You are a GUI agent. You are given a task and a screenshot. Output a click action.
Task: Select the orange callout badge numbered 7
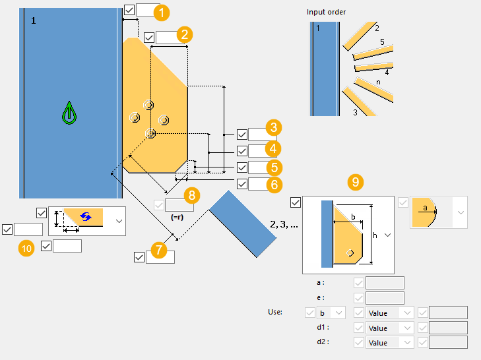tap(159, 250)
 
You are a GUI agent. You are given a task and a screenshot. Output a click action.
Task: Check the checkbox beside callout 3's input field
tap(241, 135)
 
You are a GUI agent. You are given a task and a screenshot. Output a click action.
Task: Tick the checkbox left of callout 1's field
tap(129, 10)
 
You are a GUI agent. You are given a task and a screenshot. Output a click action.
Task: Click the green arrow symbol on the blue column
tap(69, 113)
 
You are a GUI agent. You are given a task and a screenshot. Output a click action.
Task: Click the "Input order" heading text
tap(326, 12)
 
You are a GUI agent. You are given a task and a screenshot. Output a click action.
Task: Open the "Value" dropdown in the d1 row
tap(389, 328)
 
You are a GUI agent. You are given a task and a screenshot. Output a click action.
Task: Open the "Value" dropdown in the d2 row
tap(389, 342)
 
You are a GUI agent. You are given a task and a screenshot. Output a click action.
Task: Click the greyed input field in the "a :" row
tap(385, 283)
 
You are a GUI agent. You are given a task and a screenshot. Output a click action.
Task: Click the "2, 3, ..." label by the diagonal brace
tap(284, 224)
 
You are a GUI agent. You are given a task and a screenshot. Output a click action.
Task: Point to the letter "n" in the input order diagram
tap(377, 82)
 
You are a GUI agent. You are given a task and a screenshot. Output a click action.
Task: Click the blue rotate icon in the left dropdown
tap(86, 216)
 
